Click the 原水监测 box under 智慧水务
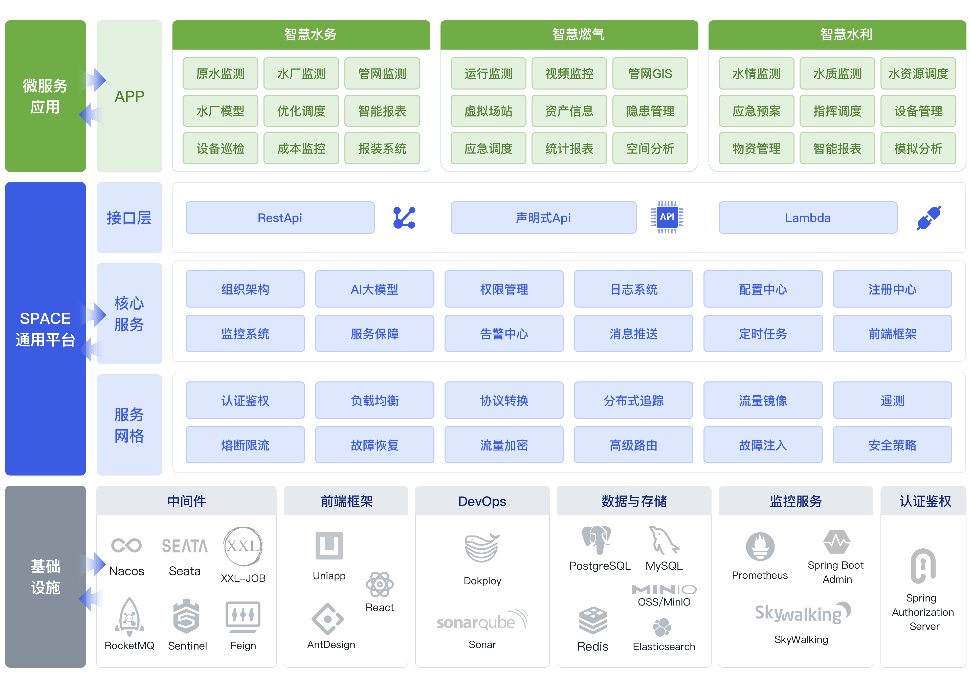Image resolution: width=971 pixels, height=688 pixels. click(x=220, y=73)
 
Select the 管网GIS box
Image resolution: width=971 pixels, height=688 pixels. click(x=650, y=73)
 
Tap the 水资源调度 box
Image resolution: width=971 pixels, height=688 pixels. click(x=918, y=73)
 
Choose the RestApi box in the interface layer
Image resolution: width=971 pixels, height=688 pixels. click(x=280, y=218)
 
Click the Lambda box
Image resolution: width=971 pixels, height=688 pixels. click(x=808, y=218)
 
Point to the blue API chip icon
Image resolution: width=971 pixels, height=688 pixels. click(x=667, y=217)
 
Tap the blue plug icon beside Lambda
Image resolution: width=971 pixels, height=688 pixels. click(x=929, y=218)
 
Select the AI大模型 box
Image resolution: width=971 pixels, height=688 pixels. click(x=374, y=289)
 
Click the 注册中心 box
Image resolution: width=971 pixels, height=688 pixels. click(x=892, y=289)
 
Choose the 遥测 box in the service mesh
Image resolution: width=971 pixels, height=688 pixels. click(x=892, y=400)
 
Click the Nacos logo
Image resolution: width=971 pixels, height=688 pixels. click(x=126, y=545)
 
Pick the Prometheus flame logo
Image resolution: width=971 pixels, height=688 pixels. click(x=760, y=547)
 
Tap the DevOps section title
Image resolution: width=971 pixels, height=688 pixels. click(x=482, y=501)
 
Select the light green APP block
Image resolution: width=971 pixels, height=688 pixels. click(x=129, y=96)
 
